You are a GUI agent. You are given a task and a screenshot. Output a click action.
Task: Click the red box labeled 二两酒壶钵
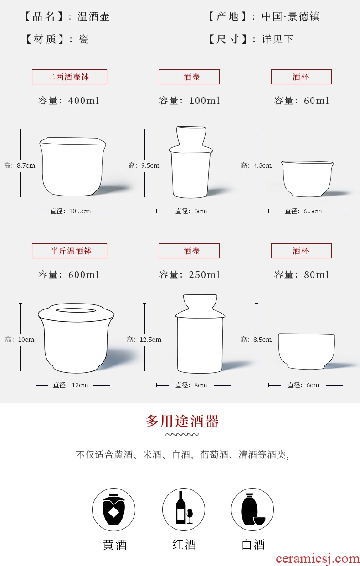pos(69,77)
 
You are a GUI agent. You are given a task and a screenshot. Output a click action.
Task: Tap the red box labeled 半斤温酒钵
pos(69,251)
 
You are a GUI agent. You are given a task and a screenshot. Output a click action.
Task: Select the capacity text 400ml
pos(84,101)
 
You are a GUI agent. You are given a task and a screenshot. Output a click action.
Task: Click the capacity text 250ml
pos(204,275)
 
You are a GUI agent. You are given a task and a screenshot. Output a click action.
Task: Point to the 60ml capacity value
pos(316,101)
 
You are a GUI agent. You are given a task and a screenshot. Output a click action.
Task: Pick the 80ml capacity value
pos(316,275)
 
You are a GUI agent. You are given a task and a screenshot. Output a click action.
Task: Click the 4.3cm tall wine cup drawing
pos(308,179)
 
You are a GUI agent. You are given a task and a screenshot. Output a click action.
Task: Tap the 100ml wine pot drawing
pos(191,162)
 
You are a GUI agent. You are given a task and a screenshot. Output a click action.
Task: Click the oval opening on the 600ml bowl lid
pos(75,310)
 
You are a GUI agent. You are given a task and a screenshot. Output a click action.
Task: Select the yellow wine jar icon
pos(113,509)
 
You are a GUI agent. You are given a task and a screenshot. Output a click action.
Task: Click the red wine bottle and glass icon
pos(184,509)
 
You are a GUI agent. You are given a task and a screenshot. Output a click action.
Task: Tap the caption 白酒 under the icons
pos(253,544)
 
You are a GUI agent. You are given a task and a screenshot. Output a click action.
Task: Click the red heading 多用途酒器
pos(182,421)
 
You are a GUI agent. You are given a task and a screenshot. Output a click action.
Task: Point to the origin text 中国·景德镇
pos(291,17)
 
